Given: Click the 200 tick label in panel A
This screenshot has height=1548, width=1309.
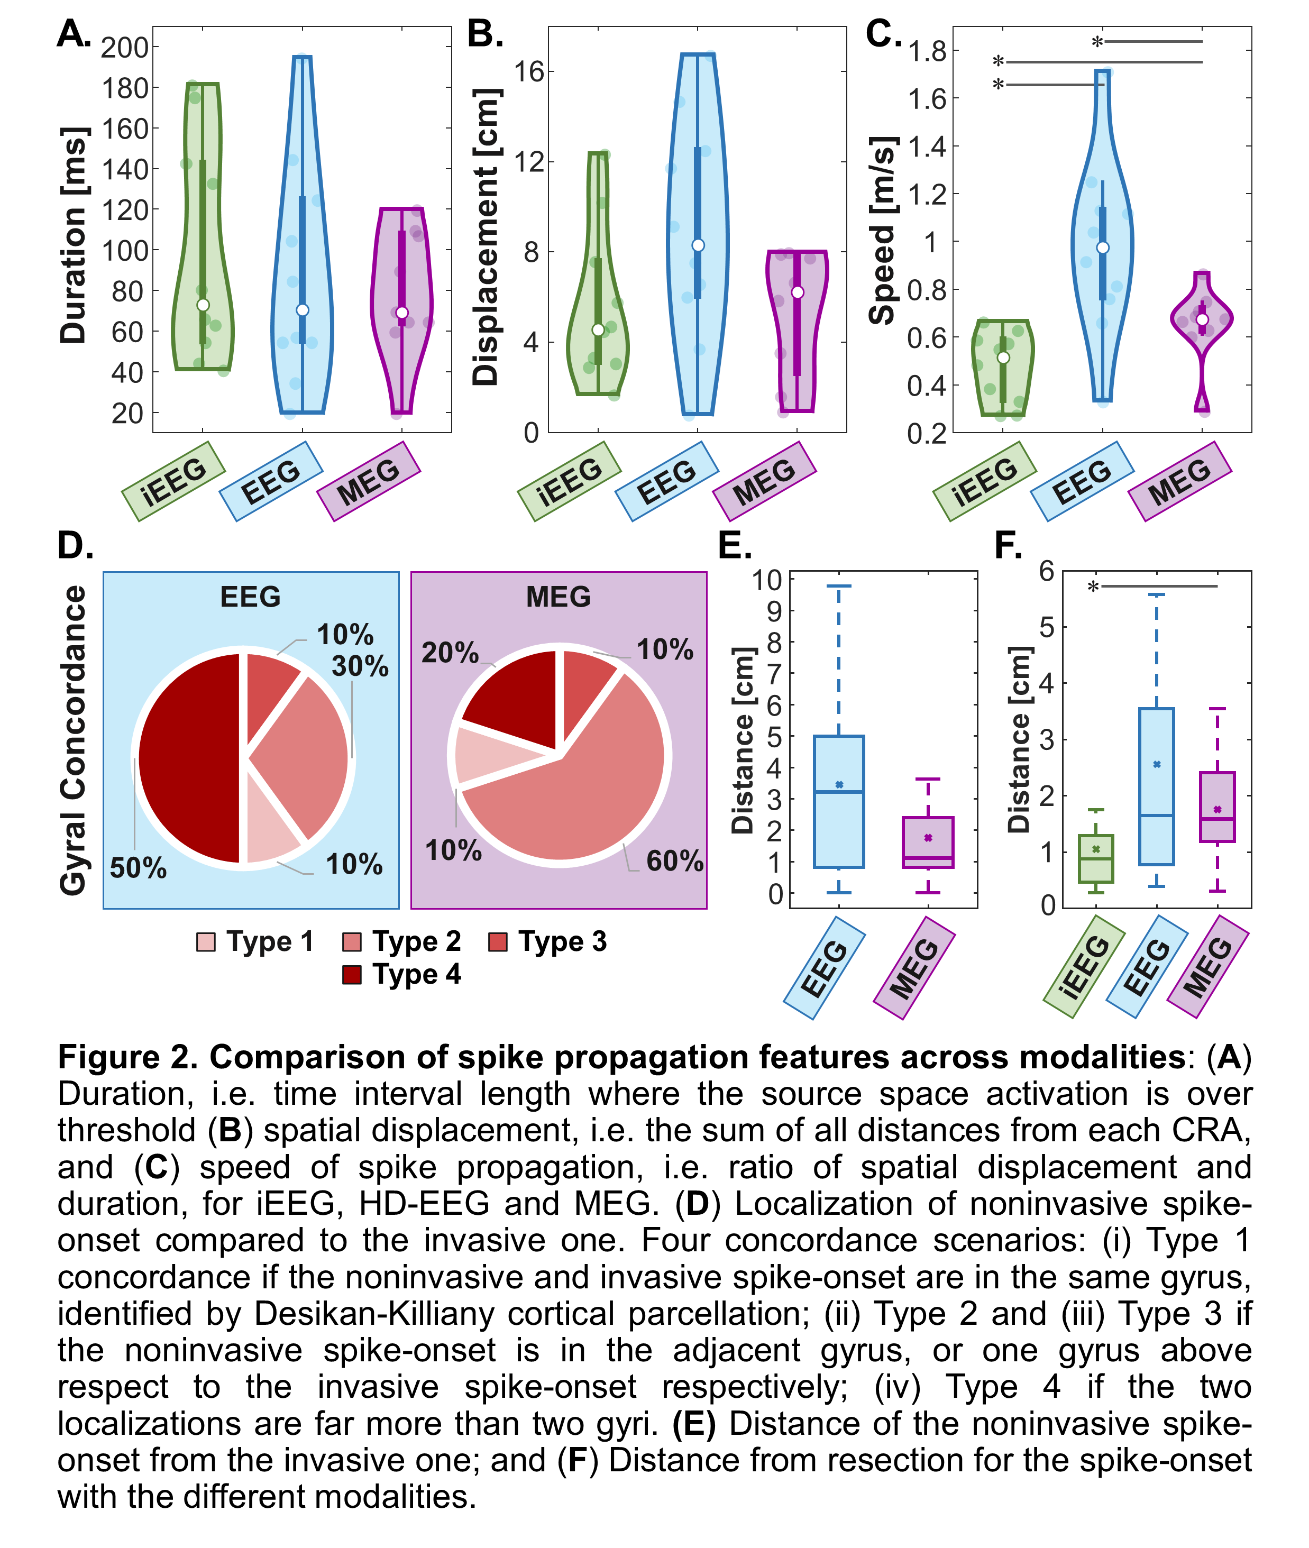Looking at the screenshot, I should (x=125, y=48).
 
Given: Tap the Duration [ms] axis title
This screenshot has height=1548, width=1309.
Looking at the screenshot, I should (x=74, y=236).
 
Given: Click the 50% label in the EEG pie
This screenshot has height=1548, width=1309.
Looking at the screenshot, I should (x=138, y=867).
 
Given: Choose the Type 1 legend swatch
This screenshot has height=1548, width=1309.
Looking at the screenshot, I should (x=206, y=942).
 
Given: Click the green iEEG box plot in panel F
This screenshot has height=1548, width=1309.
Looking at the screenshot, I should (x=1096, y=858).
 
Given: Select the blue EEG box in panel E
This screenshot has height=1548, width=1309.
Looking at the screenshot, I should (x=838, y=801).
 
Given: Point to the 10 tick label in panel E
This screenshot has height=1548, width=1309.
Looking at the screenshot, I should (x=767, y=580).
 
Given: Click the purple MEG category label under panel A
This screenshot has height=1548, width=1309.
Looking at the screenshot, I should (x=369, y=481).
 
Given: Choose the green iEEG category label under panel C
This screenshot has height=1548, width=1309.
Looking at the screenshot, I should (x=985, y=481).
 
